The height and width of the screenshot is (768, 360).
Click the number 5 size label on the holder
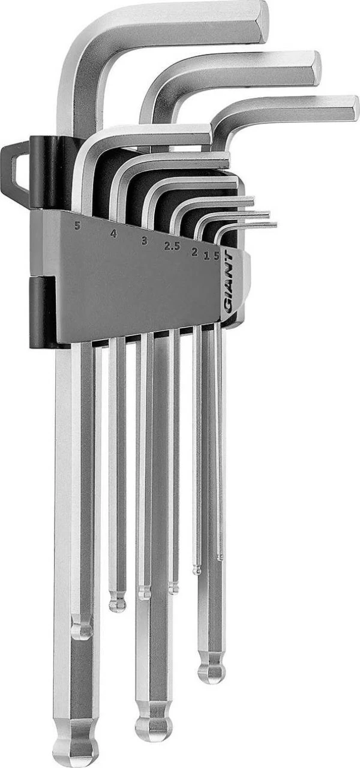(x=78, y=226)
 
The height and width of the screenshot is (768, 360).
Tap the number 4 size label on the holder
(x=113, y=234)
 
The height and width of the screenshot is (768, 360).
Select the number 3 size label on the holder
(x=145, y=241)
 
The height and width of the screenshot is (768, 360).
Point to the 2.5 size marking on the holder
(x=172, y=247)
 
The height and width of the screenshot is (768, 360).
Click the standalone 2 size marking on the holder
(x=195, y=252)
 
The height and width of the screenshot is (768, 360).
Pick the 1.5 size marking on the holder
(x=212, y=256)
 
